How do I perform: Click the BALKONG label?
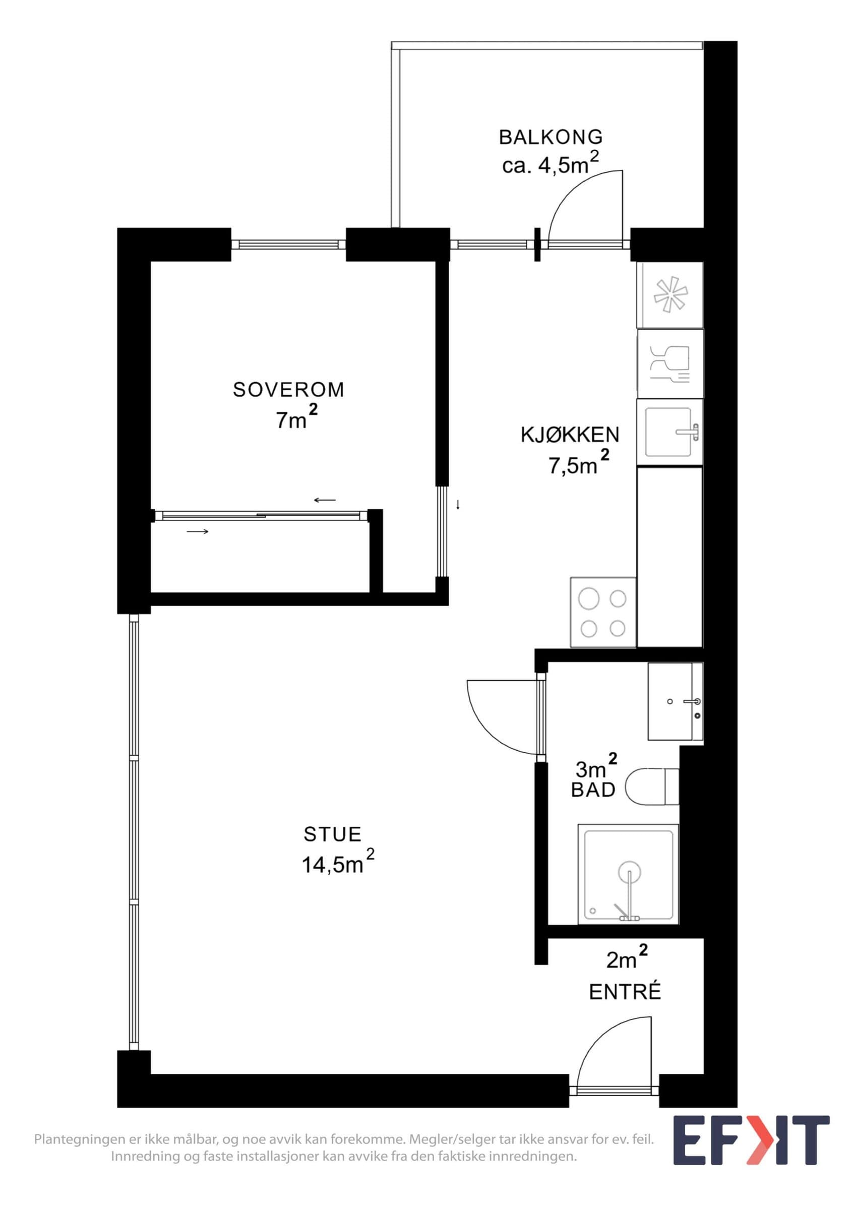(551, 137)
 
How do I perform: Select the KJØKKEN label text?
(570, 435)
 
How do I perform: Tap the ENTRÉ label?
(625, 992)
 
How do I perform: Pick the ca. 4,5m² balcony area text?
(551, 164)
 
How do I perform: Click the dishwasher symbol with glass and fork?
(669, 364)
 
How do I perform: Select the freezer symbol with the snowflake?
(669, 295)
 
